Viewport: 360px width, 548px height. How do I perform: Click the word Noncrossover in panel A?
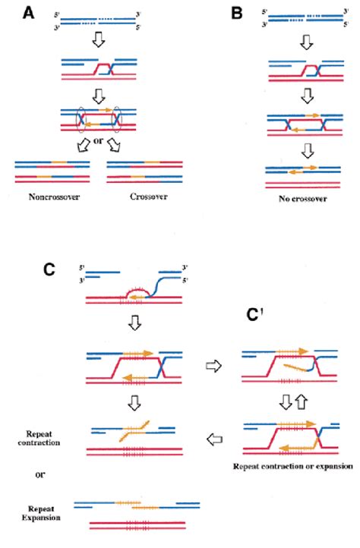pos(53,212)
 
